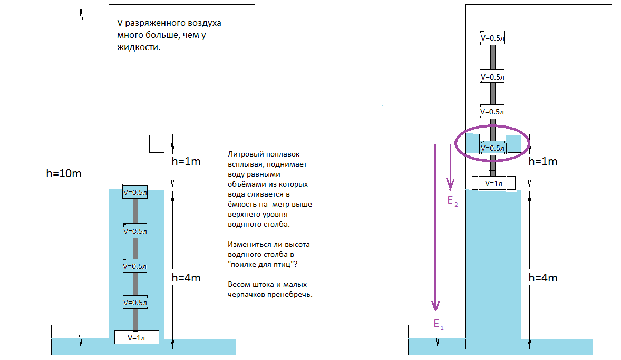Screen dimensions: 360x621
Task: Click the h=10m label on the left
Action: click(64, 172)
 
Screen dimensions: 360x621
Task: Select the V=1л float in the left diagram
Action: click(137, 337)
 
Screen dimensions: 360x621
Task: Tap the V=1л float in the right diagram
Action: click(493, 183)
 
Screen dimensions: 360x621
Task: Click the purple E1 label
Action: click(439, 325)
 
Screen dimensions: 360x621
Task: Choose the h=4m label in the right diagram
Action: click(543, 277)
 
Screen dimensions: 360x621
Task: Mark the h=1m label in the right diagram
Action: click(543, 161)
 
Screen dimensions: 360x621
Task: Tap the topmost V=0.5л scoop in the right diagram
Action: click(493, 38)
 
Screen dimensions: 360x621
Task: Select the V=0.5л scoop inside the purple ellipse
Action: click(493, 148)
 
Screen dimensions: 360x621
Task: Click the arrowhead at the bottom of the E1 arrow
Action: click(435, 306)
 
